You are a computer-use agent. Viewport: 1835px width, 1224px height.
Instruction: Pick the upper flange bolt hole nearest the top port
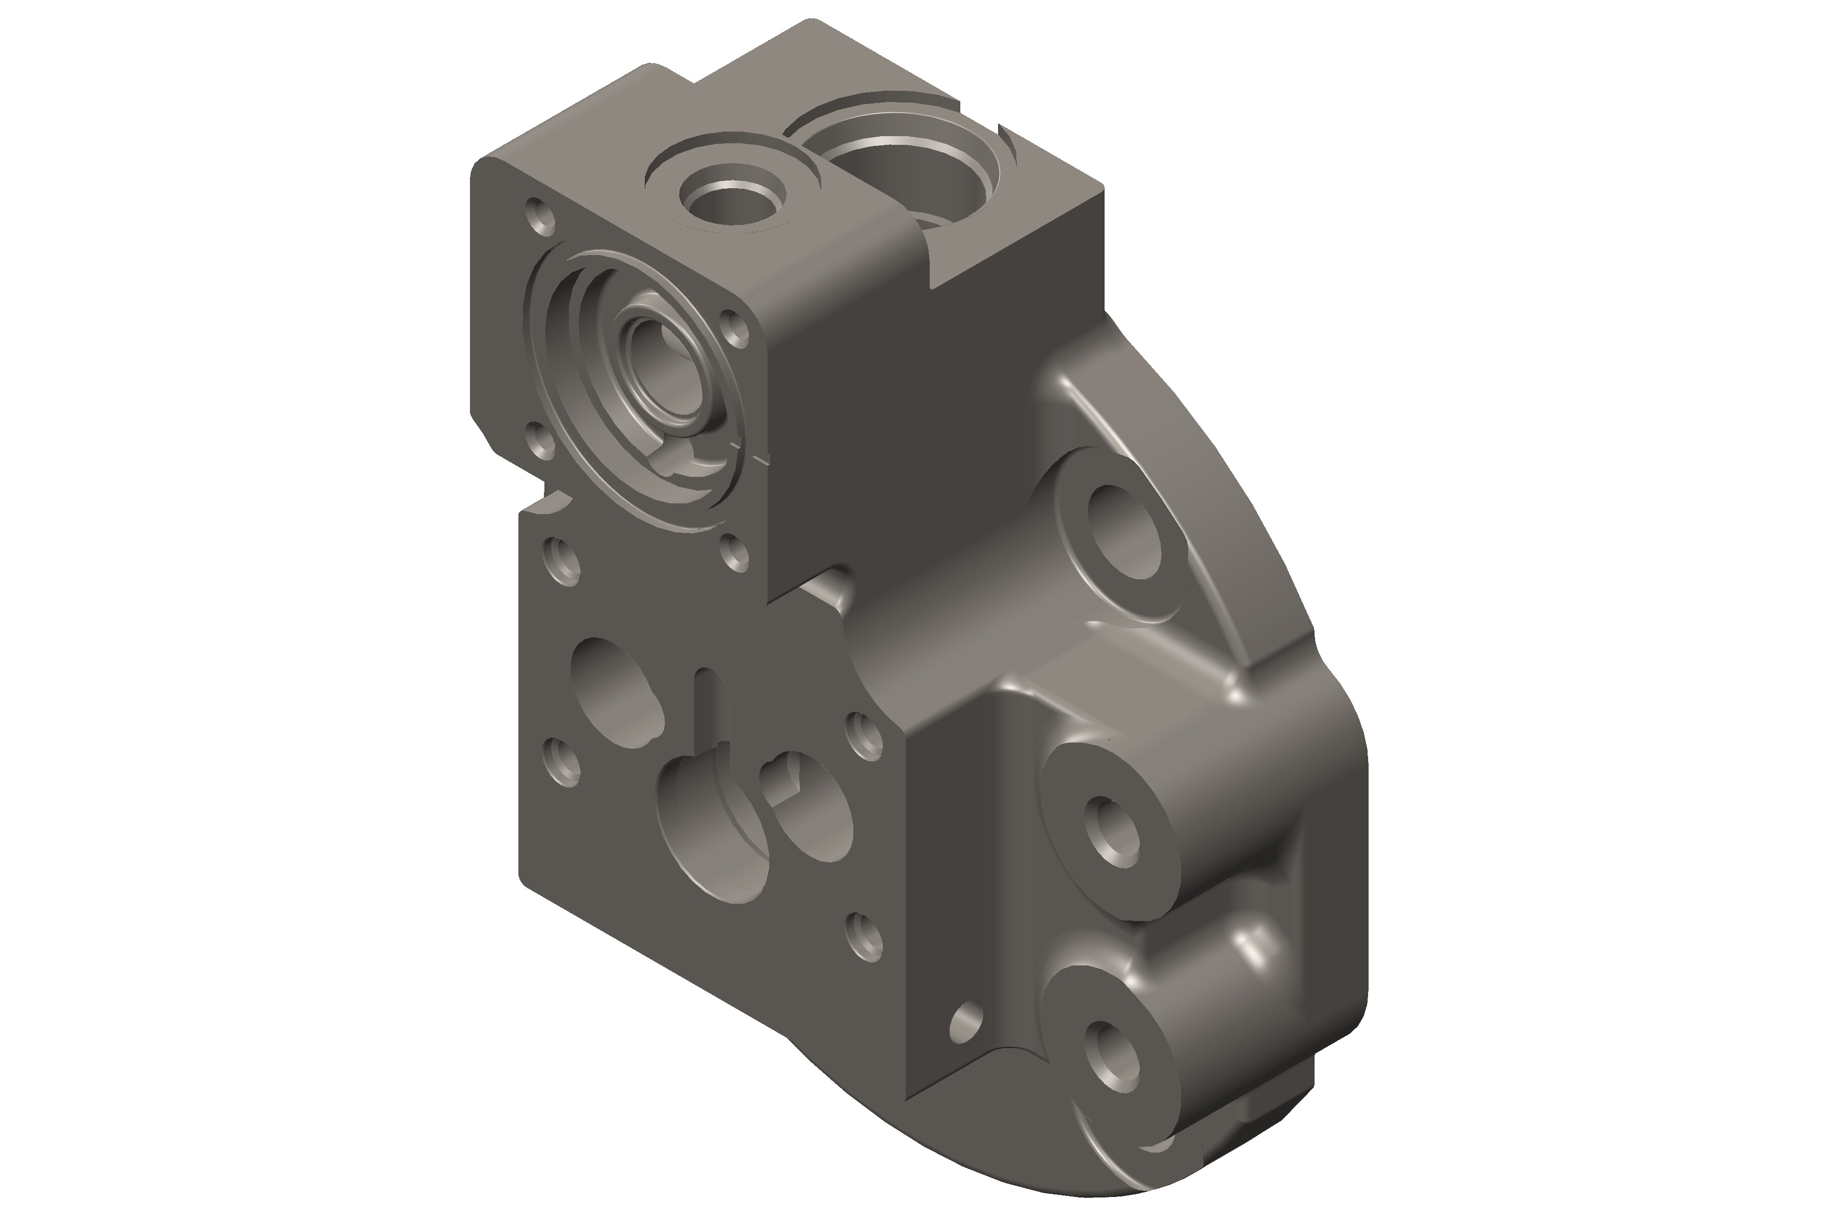734,326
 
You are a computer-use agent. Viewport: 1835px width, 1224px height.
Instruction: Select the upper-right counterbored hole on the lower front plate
865,734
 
